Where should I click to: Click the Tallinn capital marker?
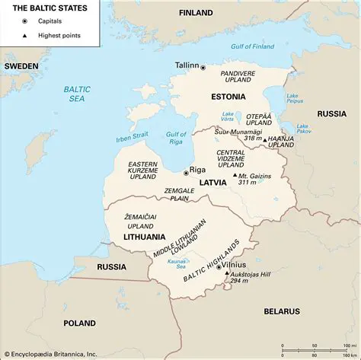pyautogui.click(x=203, y=68)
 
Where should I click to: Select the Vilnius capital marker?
pyautogui.click(x=219, y=268)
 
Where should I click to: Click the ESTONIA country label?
pyautogui.click(x=228, y=97)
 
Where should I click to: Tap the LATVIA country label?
pyautogui.click(x=213, y=183)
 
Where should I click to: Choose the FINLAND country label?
pyautogui.click(x=196, y=13)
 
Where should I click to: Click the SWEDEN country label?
pyautogui.click(x=21, y=66)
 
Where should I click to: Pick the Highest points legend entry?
pyautogui.click(x=56, y=37)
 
